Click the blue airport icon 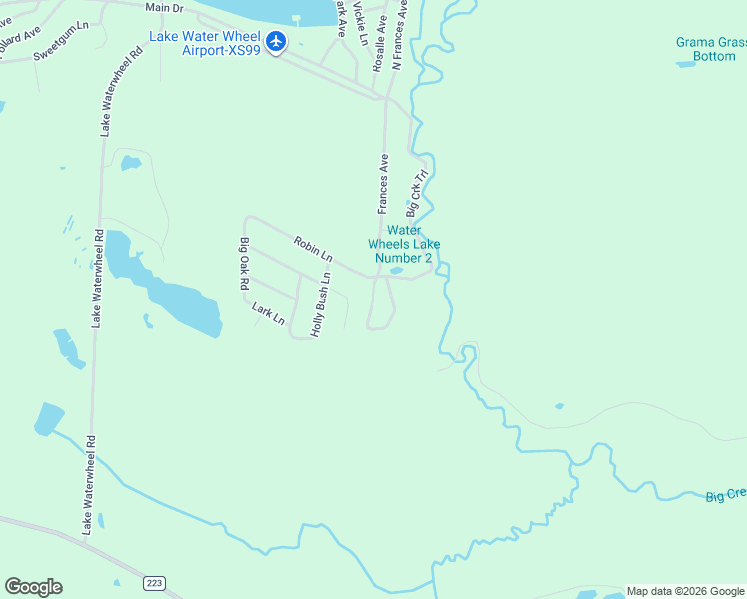(x=277, y=42)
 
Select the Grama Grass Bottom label (x=711, y=49)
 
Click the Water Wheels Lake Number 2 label (x=403, y=244)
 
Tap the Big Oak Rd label (x=243, y=263)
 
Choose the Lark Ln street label (x=268, y=313)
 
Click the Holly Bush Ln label (x=320, y=303)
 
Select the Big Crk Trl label (x=416, y=193)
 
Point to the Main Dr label (x=164, y=7)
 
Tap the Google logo (x=33, y=587)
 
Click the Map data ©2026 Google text (x=685, y=591)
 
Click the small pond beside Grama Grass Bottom (x=686, y=63)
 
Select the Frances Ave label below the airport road (x=382, y=183)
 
